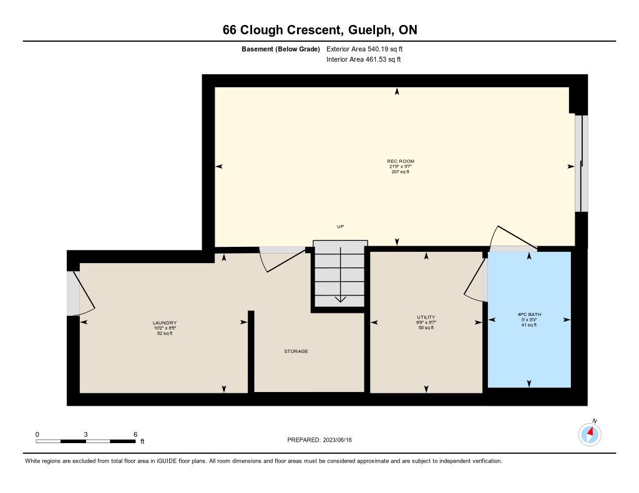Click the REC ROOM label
(x=401, y=161)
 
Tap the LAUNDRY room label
(x=165, y=323)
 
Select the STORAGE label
(x=296, y=352)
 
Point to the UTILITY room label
(x=426, y=317)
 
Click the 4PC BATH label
(x=529, y=314)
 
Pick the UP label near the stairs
(x=340, y=226)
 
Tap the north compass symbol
(x=590, y=434)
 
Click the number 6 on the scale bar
(x=135, y=434)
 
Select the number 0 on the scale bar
(x=37, y=434)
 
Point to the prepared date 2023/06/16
(x=337, y=440)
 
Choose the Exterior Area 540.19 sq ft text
(x=364, y=49)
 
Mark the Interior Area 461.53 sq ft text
(x=364, y=59)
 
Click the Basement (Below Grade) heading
(x=280, y=49)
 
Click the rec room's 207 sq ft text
(x=400, y=172)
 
